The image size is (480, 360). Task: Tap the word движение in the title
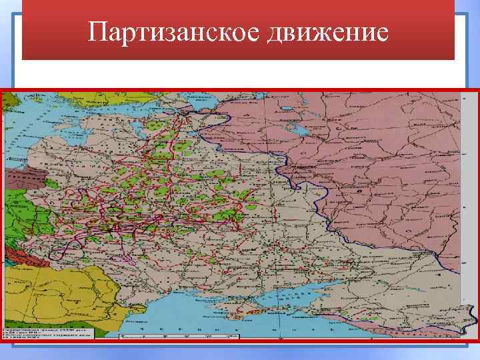tap(326, 31)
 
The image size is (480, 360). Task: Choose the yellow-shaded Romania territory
tap(73, 293)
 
